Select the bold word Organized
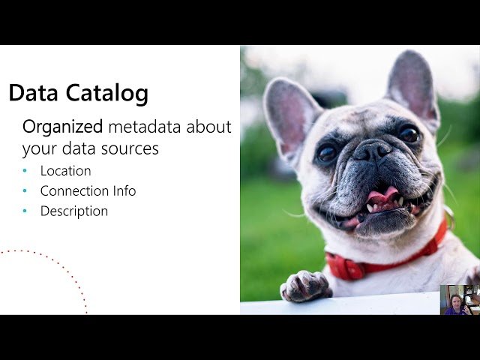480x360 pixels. click(x=63, y=126)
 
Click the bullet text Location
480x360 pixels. click(x=66, y=171)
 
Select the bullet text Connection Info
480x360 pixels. click(x=88, y=191)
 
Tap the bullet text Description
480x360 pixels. click(x=74, y=211)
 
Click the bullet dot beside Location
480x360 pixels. click(x=25, y=172)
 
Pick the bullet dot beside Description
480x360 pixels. click(x=25, y=212)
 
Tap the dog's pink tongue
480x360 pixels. click(x=382, y=196)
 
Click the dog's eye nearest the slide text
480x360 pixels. click(x=327, y=153)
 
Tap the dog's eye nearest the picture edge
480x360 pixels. click(x=409, y=134)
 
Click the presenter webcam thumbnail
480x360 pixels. click(x=459, y=299)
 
